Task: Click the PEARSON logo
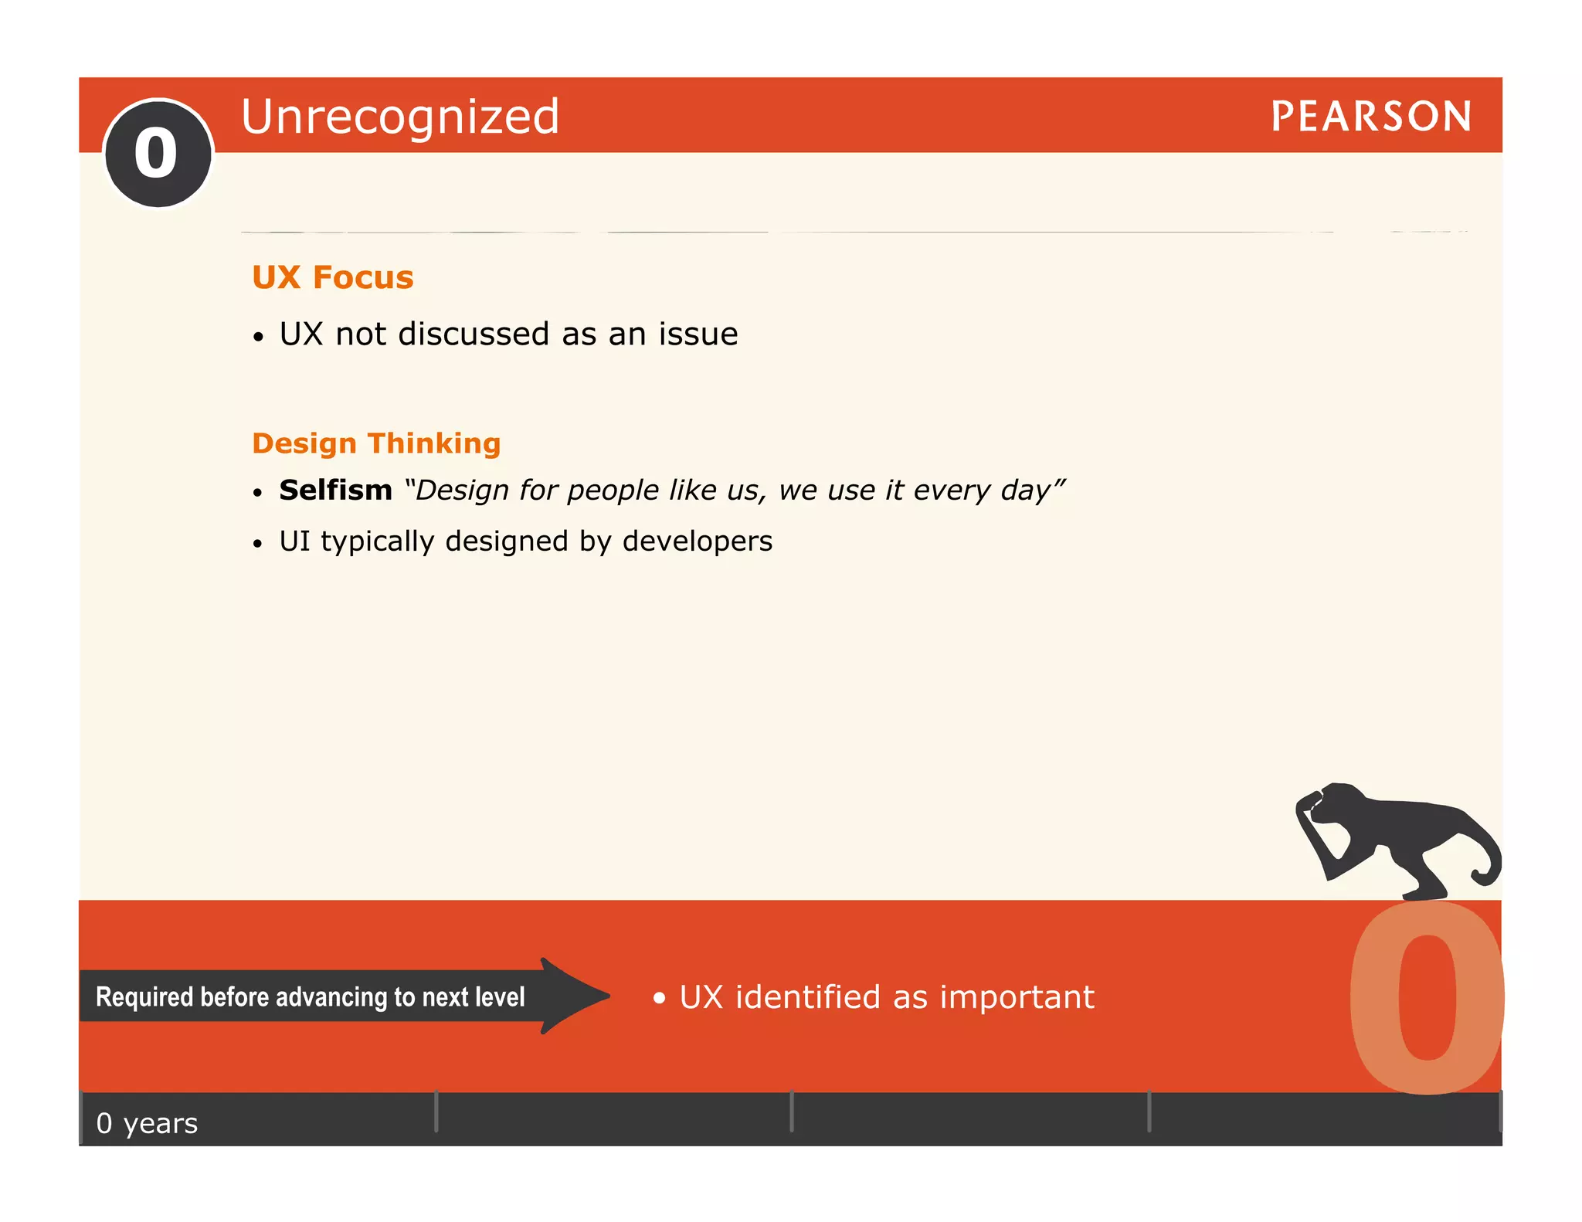(1370, 117)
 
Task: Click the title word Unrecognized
(400, 117)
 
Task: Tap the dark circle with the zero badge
(158, 154)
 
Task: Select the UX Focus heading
(333, 277)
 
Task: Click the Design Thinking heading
(376, 443)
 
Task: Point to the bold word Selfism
(335, 490)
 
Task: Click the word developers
(697, 541)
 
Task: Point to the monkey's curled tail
(1487, 869)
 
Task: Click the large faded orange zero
(1428, 996)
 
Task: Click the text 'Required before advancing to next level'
(310, 997)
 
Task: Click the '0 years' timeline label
(147, 1123)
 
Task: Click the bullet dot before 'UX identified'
(659, 998)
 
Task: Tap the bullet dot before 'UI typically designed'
(258, 544)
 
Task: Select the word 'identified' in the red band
(807, 997)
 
